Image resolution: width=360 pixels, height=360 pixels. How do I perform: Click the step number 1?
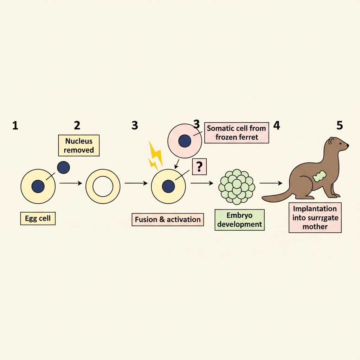tap(15, 126)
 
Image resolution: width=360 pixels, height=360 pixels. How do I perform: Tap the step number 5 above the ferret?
tap(340, 126)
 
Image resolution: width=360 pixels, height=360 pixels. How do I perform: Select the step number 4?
tap(277, 126)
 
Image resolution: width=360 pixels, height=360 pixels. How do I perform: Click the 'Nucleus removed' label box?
tap(79, 146)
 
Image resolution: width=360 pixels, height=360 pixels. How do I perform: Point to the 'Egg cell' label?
tap(38, 218)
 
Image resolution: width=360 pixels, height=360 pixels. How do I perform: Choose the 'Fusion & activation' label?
tap(168, 219)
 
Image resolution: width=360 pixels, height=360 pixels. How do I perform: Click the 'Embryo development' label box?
tap(239, 220)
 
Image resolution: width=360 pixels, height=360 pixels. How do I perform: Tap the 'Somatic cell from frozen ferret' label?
tap(237, 133)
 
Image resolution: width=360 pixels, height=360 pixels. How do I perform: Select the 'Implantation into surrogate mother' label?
tap(315, 218)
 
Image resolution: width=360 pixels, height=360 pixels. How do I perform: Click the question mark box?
tap(199, 167)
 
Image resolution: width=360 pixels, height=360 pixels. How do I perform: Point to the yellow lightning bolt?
tap(155, 156)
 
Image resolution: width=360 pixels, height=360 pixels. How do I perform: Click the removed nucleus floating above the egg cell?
tap(63, 167)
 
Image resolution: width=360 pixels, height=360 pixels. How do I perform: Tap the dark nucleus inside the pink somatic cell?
tap(185, 141)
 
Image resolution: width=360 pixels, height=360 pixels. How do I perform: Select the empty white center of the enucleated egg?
tap(103, 186)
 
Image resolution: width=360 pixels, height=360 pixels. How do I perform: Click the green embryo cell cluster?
tap(237, 187)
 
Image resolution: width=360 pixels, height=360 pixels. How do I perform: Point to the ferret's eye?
tap(340, 143)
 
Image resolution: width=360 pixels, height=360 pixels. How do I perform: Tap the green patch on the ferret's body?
tap(319, 176)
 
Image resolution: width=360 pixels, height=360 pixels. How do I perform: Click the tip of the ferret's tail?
tap(262, 198)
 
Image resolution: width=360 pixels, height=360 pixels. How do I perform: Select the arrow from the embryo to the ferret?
tap(271, 183)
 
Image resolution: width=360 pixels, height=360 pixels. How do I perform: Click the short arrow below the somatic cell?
tap(176, 164)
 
